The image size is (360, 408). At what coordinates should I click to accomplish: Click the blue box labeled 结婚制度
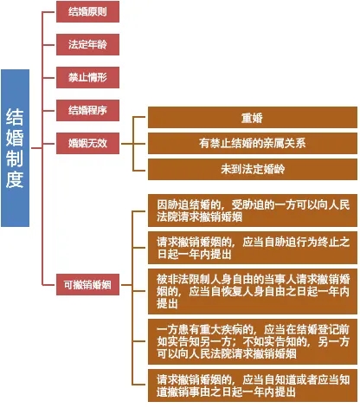click(x=16, y=148)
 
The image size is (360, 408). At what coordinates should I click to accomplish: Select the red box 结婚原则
click(x=87, y=11)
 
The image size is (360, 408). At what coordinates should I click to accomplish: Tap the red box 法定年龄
click(x=87, y=44)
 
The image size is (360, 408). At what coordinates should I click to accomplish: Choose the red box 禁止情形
click(x=87, y=77)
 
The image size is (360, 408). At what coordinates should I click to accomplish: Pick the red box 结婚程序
click(x=87, y=110)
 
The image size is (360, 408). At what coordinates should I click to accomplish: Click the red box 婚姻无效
click(x=87, y=143)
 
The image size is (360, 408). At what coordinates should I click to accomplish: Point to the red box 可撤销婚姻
click(x=87, y=284)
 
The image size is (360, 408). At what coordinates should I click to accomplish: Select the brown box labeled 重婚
click(x=253, y=117)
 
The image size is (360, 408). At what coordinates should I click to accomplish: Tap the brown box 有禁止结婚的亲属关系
click(x=253, y=143)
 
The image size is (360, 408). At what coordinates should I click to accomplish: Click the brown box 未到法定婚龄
click(x=253, y=169)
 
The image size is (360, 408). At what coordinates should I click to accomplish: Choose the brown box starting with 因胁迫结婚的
click(x=253, y=210)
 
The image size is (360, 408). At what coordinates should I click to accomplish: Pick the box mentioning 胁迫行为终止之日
click(x=253, y=248)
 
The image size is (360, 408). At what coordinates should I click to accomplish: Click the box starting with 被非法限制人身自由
click(x=253, y=291)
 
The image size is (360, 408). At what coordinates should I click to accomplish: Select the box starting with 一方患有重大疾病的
click(x=253, y=341)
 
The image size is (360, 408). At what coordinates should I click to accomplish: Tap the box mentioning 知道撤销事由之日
click(x=253, y=385)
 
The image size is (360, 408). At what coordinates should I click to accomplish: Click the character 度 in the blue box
click(x=15, y=180)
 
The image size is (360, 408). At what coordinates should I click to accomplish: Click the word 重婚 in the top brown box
click(x=252, y=118)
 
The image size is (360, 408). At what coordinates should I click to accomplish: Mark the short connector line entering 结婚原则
click(x=49, y=12)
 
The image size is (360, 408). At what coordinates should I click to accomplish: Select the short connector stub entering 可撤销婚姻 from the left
click(x=49, y=285)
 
